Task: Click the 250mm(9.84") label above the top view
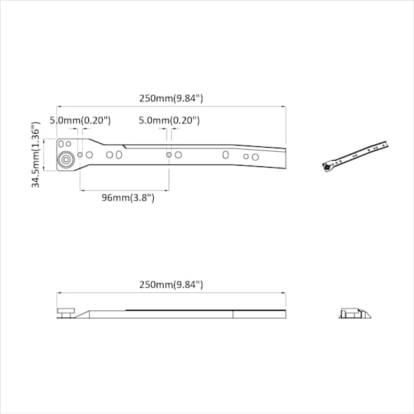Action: tap(171, 99)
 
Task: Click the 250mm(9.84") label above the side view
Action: tap(171, 284)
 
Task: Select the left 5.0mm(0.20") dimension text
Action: tap(80, 120)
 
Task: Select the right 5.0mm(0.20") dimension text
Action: tap(169, 120)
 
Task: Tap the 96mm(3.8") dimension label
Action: tap(128, 197)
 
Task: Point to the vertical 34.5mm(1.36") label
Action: tap(36, 155)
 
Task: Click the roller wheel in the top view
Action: tap(66, 160)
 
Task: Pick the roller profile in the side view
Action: tap(66, 313)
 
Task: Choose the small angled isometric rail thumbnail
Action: tap(355, 157)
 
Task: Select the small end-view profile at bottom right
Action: tap(355, 313)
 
